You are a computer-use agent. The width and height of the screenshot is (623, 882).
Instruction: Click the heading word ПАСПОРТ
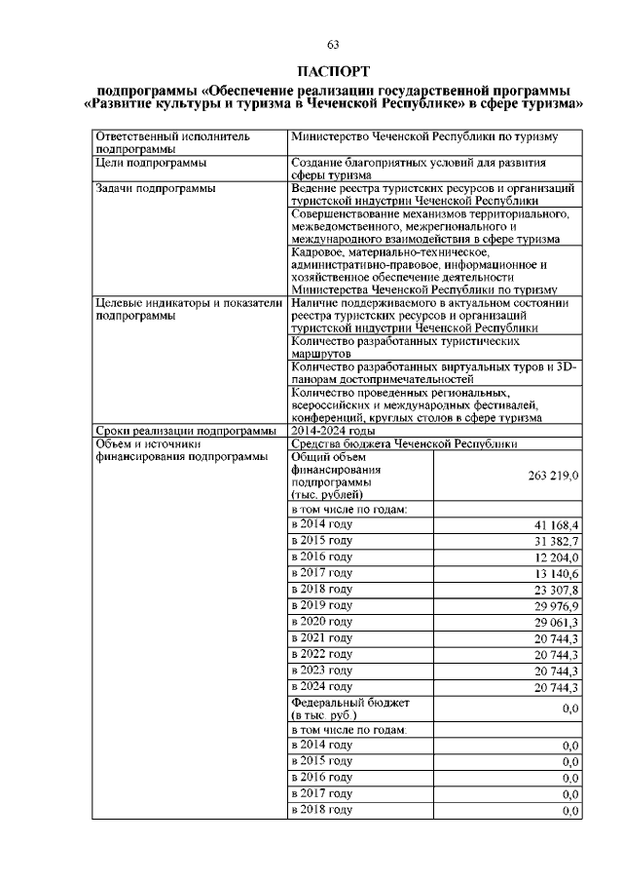(x=332, y=71)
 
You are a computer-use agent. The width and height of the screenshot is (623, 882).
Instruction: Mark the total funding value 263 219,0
(x=551, y=475)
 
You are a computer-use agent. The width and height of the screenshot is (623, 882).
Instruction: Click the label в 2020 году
(x=322, y=622)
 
